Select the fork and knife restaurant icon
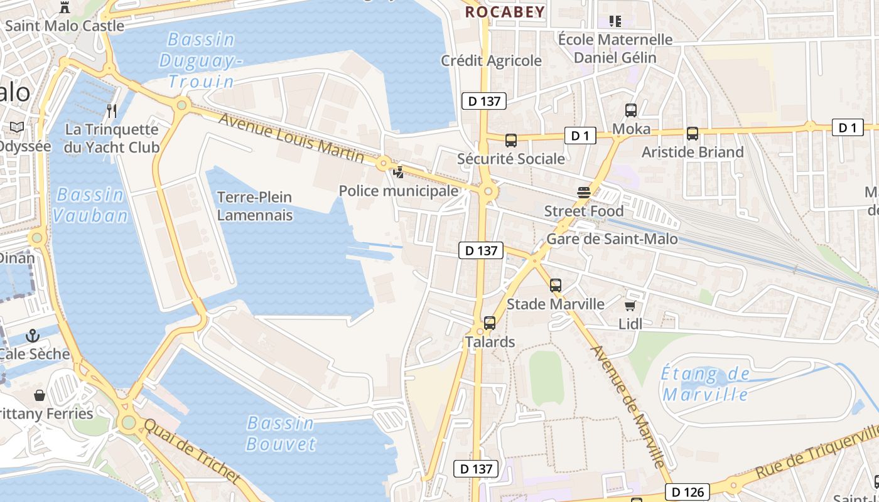[x=112, y=111]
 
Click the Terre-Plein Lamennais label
[x=254, y=206]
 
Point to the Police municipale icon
[x=398, y=172]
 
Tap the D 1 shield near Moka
[x=580, y=136]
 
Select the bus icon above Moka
[x=631, y=111]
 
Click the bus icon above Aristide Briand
[x=693, y=134]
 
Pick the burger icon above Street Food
[x=584, y=193]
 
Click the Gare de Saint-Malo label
[x=612, y=239]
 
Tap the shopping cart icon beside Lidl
[x=630, y=306]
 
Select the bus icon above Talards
[x=490, y=323]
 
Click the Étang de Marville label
[x=706, y=385]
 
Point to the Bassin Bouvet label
[x=281, y=433]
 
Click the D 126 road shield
[x=687, y=492]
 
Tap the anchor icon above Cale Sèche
[x=33, y=336]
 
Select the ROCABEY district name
[x=505, y=12]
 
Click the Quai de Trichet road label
[x=192, y=451]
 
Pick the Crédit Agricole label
[x=491, y=61]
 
